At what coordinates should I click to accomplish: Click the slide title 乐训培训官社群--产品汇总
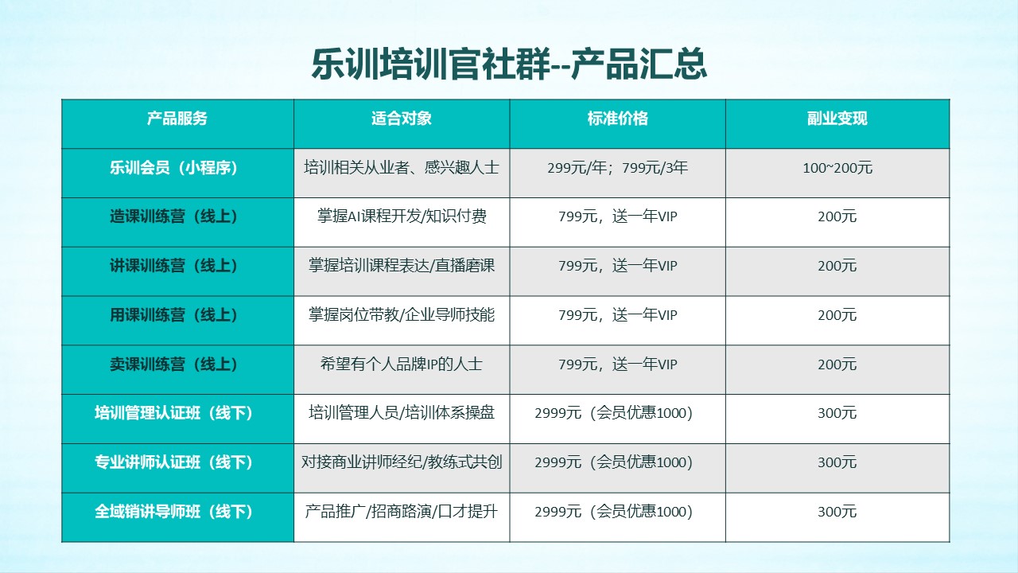click(x=509, y=64)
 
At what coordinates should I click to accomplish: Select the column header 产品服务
click(x=177, y=119)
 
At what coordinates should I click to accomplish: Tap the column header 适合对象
click(x=402, y=119)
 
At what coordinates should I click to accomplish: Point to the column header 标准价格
click(x=618, y=119)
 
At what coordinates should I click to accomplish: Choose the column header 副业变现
click(x=837, y=119)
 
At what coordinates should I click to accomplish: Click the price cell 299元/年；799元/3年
click(x=618, y=168)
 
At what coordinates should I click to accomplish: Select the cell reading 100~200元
click(x=837, y=168)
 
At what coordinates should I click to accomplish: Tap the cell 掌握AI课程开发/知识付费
click(x=402, y=216)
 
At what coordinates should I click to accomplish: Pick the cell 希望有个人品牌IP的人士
click(x=402, y=364)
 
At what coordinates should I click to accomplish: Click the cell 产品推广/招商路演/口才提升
click(x=402, y=512)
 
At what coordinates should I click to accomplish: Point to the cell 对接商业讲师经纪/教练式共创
click(x=402, y=462)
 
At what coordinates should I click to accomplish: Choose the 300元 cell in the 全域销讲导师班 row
click(x=837, y=512)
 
